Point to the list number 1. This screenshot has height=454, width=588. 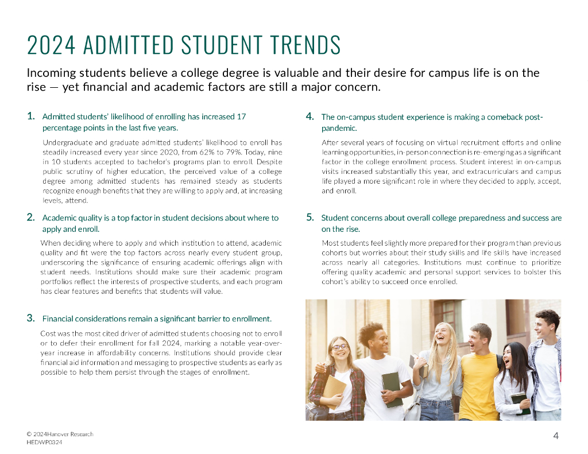[x=31, y=116]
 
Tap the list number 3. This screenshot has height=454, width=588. [x=31, y=318]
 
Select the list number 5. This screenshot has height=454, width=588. [x=310, y=218]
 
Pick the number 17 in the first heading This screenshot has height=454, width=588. [x=241, y=117]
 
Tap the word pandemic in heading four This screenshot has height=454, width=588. [x=339, y=128]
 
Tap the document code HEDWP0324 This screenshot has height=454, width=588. [x=44, y=443]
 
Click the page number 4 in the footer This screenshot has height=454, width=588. [x=555, y=436]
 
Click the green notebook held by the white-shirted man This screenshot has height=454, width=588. [x=392, y=389]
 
